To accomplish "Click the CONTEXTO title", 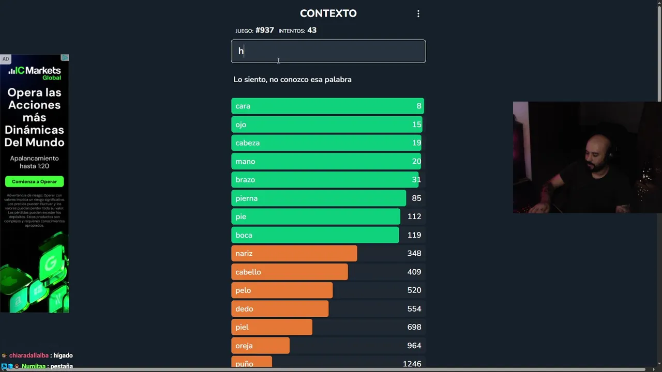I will pos(328,13).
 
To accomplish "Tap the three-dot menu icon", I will pos(418,14).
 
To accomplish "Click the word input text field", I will pos(328,51).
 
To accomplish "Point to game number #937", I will pos(264,30).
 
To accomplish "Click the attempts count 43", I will pos(311,30).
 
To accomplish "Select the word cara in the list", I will pos(243,106).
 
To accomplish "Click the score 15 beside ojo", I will pos(416,125).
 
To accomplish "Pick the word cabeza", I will pos(247,143).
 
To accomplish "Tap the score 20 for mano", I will pos(416,161).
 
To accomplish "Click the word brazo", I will pos(245,180).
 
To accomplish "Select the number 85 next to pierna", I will pos(416,198).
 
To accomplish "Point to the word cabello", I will pos(248,272).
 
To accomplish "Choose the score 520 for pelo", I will pos(414,290).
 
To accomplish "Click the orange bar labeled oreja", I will pos(260,346).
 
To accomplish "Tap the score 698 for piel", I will pos(414,327).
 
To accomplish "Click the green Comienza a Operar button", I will pos(34,182).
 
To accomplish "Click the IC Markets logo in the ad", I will pos(35,73).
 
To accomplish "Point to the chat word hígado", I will pos(63,355).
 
